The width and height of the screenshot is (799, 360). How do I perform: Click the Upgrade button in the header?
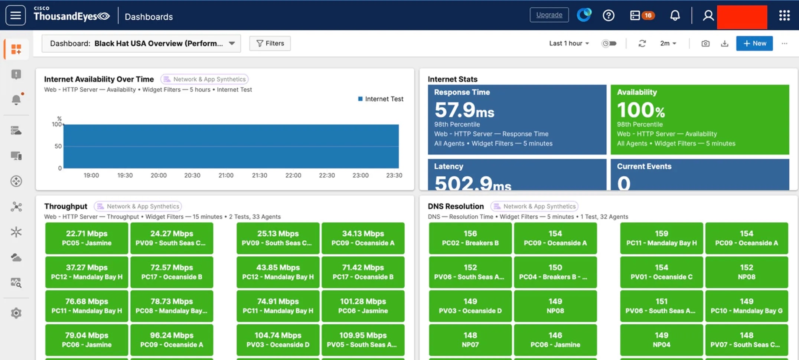(549, 15)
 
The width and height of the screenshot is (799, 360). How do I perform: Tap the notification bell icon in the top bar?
(675, 15)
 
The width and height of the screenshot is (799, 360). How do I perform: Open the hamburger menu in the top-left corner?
(16, 15)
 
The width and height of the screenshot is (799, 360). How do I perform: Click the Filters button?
(270, 43)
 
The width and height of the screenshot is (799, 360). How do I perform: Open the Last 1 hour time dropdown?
(569, 43)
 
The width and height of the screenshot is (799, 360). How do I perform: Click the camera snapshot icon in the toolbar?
(705, 43)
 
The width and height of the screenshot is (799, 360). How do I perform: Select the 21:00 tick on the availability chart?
(226, 175)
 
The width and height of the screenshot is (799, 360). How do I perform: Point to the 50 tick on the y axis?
(58, 146)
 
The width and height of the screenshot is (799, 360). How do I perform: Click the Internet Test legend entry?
(381, 99)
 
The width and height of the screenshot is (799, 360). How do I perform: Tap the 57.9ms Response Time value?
(464, 110)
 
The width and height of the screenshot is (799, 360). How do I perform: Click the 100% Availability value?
(641, 110)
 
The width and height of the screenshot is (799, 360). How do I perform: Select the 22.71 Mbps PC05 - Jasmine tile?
(87, 238)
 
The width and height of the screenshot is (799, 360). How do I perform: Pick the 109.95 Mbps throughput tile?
(363, 340)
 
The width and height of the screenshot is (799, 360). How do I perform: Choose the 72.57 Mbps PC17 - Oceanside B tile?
(172, 272)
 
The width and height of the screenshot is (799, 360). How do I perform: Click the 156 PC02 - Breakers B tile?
(470, 238)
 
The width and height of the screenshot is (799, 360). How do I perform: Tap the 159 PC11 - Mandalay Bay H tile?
(661, 238)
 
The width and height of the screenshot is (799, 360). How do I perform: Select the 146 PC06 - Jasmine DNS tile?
(555, 340)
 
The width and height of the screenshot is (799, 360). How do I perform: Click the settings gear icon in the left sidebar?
(16, 313)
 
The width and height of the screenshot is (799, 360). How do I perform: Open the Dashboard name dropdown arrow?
(232, 43)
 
